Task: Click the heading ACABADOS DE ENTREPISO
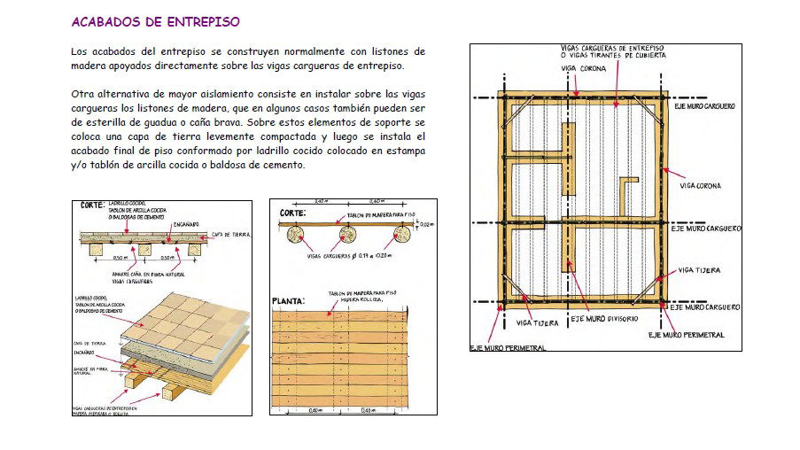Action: (x=154, y=21)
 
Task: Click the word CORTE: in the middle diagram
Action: (x=293, y=213)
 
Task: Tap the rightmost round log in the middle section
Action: (x=403, y=235)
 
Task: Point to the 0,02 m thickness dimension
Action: (x=425, y=225)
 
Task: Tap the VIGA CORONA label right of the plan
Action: (x=700, y=186)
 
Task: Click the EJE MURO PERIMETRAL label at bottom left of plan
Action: (x=508, y=348)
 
